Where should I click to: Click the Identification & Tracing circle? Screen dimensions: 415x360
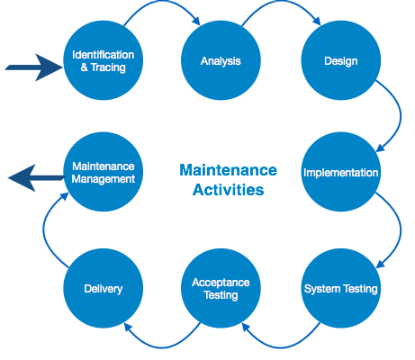pos(104,60)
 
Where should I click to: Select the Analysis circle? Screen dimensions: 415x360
pos(221,60)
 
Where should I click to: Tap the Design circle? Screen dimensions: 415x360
pos(341,60)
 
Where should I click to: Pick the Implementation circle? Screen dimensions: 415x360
pos(341,172)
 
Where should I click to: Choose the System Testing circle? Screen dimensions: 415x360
pos(341,288)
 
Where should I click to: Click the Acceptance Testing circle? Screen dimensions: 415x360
pos(221,288)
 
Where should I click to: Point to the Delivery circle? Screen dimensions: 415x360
pos(104,288)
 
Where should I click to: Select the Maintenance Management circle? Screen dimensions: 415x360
pos(104,172)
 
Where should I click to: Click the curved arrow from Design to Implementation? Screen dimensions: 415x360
pos(401,115)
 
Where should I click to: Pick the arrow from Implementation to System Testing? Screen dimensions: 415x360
pos(401,229)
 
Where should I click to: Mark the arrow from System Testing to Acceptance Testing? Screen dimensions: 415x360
pos(281,347)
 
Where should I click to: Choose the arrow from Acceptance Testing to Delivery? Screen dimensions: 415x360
pos(162,347)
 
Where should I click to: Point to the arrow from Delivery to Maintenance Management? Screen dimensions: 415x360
pos(43,229)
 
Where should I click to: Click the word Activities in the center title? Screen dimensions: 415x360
pos(229,190)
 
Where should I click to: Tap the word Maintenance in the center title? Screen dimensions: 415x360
pos(229,170)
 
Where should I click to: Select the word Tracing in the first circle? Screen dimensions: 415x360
pos(108,67)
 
